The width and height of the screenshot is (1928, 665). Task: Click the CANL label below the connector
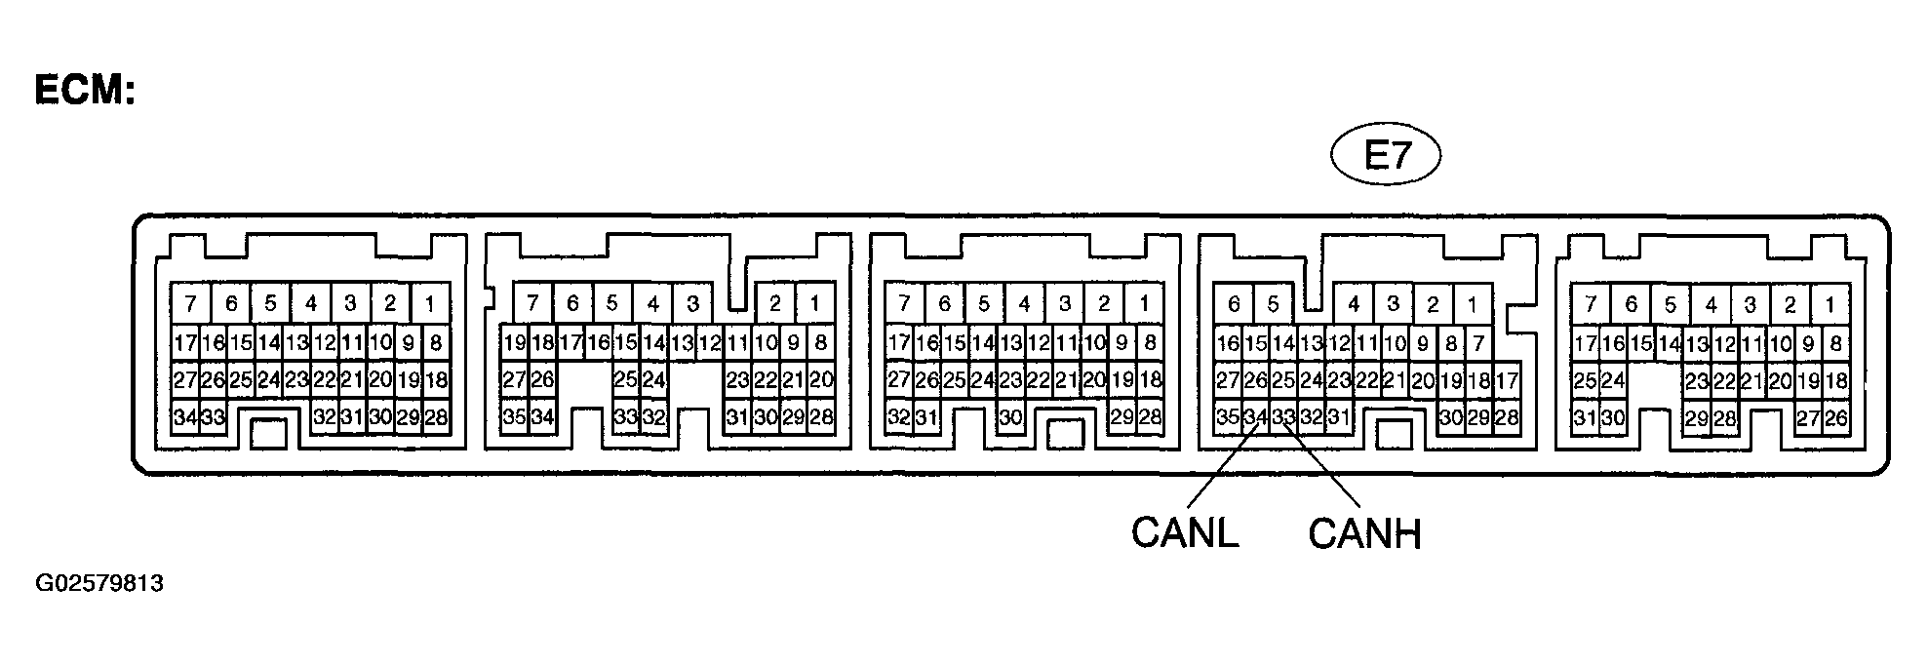(1184, 532)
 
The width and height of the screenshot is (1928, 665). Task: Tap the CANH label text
(1364, 532)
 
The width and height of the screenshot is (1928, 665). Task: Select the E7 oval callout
(1387, 157)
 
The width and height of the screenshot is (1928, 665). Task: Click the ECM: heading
(84, 90)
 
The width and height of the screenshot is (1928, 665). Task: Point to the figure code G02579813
(99, 584)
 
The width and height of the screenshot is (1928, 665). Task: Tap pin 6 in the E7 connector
(1234, 304)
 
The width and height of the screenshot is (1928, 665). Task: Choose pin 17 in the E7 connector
(1507, 380)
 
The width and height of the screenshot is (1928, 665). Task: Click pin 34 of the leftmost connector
(185, 418)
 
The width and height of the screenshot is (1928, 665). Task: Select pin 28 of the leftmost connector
(436, 418)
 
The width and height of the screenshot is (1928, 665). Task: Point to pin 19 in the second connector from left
(514, 342)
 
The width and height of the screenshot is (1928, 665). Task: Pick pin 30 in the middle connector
(1010, 418)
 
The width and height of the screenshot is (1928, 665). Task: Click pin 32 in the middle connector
(898, 418)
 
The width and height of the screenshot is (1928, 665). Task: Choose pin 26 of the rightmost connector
(1836, 418)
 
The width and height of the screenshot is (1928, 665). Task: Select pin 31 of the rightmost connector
(1585, 418)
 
